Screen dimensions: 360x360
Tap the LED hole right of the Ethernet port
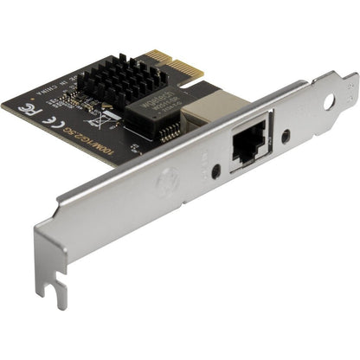(x=286, y=137)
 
